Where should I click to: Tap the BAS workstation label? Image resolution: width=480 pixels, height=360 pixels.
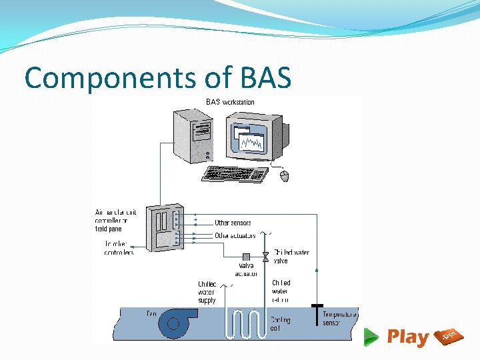[x=229, y=102]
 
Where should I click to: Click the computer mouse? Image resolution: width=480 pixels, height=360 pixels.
[x=285, y=176]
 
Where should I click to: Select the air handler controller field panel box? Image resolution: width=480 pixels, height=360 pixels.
[x=164, y=227]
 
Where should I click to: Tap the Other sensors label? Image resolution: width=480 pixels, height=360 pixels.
[x=233, y=223]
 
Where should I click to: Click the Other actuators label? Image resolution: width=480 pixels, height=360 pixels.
[x=235, y=235]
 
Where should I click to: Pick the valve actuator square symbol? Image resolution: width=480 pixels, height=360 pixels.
[x=246, y=257]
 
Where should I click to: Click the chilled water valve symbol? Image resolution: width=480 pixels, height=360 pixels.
[x=265, y=257]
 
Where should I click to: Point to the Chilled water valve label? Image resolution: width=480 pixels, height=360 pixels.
[x=291, y=257]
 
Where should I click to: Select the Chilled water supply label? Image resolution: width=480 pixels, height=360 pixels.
[x=207, y=291]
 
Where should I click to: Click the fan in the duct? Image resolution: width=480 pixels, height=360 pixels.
[x=175, y=323]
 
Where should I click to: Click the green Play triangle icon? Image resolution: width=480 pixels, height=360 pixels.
[x=371, y=337]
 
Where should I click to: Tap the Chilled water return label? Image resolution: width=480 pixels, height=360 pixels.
[x=281, y=291]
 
